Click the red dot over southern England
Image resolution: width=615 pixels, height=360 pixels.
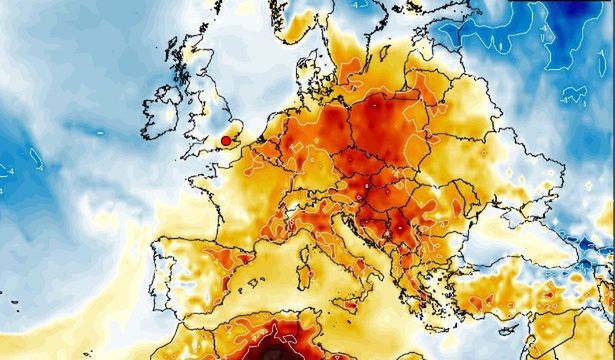coord(226,142)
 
